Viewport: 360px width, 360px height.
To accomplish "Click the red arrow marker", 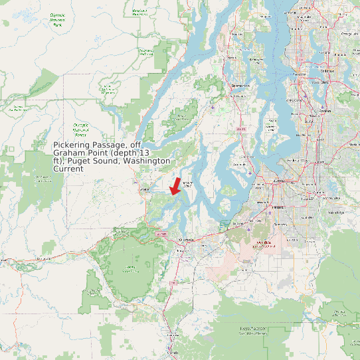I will [x=175, y=185].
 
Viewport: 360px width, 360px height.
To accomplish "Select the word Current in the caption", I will [x=68, y=169].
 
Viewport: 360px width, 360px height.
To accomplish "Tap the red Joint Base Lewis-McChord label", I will [x=264, y=244].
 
